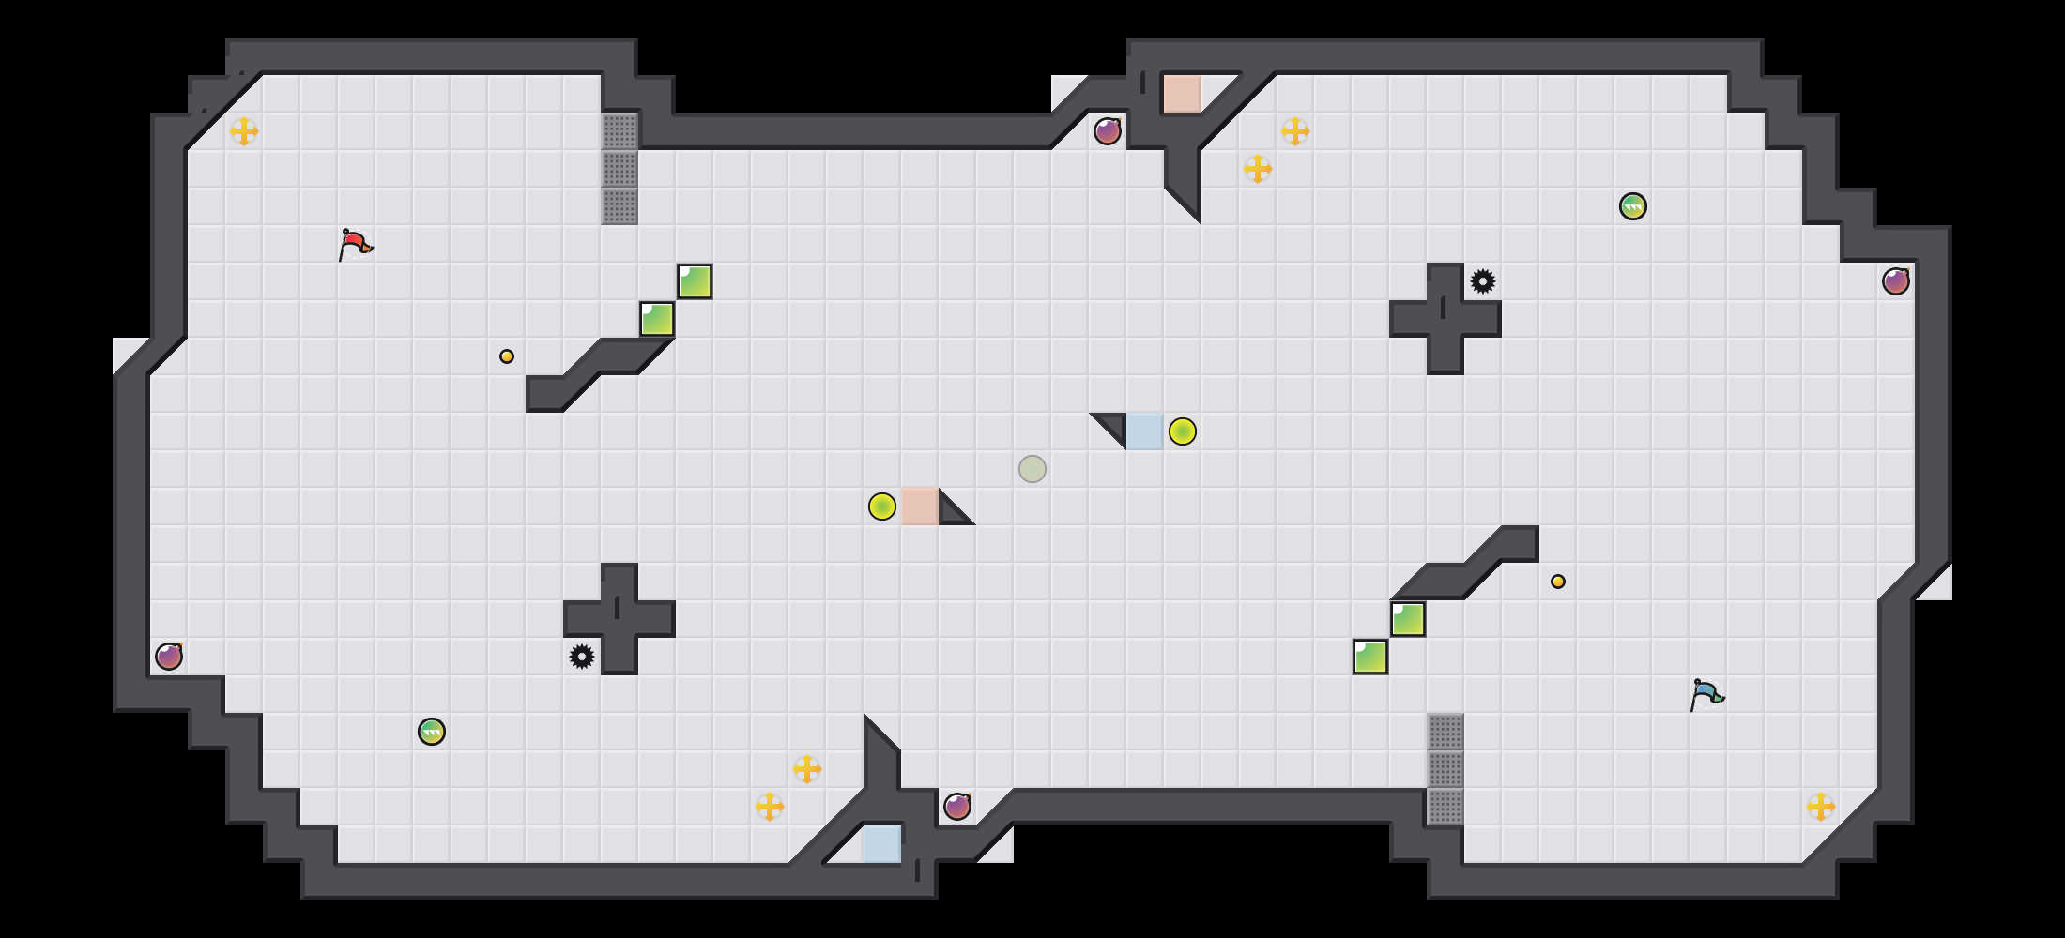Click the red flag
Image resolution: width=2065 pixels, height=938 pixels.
pos(355,244)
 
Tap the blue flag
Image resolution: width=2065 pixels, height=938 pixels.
pos(1706,694)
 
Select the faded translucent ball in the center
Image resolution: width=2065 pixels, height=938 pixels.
pos(1032,469)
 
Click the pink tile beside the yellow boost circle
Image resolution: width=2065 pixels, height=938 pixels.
pos(919,507)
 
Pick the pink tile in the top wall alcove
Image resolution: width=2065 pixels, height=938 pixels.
pos(1182,94)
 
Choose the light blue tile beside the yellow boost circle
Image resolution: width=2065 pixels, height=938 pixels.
pos(1144,431)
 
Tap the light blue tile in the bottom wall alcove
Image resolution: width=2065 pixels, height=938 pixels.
pos(881,843)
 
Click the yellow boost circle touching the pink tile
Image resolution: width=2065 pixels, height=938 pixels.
pos(882,507)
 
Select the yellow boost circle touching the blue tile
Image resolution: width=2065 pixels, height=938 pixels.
pos(1183,431)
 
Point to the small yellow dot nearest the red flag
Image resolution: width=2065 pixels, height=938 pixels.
pos(507,356)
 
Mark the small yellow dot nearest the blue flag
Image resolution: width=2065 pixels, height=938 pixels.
pos(1558,582)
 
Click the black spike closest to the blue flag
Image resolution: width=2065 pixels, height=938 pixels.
pos(1483,281)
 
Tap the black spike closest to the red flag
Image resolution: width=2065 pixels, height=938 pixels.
pos(582,657)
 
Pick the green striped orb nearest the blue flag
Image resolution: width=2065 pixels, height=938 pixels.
pos(1633,206)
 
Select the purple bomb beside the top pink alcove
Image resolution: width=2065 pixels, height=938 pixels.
pos(1108,131)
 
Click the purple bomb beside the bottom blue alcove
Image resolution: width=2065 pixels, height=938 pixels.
pos(957,807)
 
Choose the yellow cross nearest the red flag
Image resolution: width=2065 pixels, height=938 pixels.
pos(244,131)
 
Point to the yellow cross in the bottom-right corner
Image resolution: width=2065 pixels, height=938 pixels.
pos(1821,807)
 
